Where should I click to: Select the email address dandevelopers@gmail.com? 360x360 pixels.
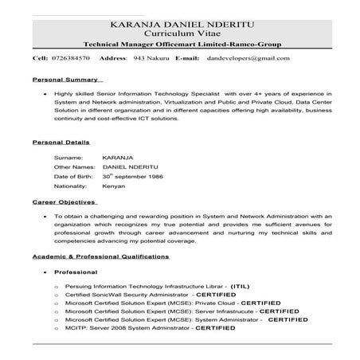point(248,59)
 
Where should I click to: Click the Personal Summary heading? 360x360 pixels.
point(66,80)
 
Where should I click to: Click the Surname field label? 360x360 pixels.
point(68,158)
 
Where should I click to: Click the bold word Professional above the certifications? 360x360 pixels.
point(76,272)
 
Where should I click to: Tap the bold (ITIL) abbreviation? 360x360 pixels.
point(241,285)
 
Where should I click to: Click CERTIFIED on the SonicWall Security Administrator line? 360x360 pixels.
point(217,294)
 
